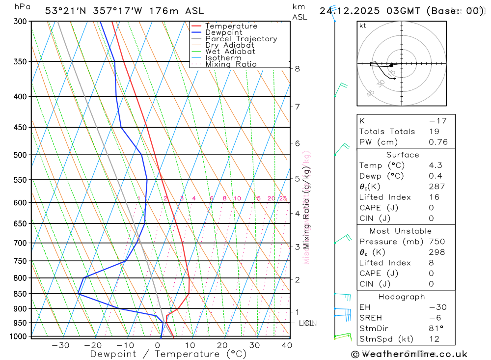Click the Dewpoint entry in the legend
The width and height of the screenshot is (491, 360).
pos(223,32)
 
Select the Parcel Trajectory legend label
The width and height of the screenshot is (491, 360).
pos(241,39)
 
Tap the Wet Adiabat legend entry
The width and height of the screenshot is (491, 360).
pos(230,52)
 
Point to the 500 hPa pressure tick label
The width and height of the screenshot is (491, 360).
pos(19,155)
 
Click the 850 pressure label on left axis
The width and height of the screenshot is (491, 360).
pos(19,294)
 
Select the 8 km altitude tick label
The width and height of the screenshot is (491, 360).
pos(297,69)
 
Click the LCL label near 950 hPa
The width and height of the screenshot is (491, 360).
pos(306,323)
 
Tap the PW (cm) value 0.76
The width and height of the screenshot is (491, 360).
pos(438,142)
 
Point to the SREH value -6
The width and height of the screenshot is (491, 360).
pos(433,318)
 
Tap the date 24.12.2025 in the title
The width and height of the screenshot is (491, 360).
pos(347,11)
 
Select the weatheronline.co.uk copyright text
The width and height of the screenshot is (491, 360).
pos(409,354)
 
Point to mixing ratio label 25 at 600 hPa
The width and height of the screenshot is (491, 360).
pos(283,198)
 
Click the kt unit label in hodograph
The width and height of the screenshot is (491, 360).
pos(363,26)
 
